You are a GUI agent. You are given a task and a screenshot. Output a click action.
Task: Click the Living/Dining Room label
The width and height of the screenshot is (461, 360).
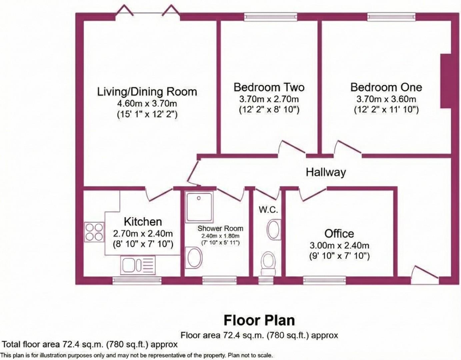pyautogui.click(x=147, y=92)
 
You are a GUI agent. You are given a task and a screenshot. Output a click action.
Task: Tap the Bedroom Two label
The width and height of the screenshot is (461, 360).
pyautogui.click(x=269, y=87)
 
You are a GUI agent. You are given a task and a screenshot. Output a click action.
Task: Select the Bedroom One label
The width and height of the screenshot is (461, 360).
pyautogui.click(x=386, y=87)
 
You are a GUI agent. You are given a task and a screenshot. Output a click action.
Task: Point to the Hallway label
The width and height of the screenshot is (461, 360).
pyautogui.click(x=326, y=172)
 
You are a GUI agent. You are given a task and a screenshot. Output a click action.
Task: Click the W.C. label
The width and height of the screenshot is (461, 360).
pyautogui.click(x=268, y=210)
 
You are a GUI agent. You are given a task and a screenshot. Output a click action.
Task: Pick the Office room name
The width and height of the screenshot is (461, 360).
pyautogui.click(x=339, y=233)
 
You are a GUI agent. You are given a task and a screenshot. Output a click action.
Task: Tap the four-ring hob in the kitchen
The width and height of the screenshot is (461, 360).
pyautogui.click(x=94, y=232)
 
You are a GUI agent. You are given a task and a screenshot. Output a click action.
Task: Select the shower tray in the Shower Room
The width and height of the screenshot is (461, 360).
pyautogui.click(x=199, y=207)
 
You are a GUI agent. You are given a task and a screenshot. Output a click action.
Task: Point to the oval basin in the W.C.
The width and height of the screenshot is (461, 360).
pyautogui.click(x=274, y=229)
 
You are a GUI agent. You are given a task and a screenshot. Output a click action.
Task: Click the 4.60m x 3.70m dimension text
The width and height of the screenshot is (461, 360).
pyautogui.click(x=147, y=103)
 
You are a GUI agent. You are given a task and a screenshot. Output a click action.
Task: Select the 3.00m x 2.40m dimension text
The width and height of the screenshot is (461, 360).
pyautogui.click(x=339, y=246)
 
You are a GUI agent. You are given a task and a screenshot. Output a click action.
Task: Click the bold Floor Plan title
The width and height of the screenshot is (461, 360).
pyautogui.click(x=259, y=320)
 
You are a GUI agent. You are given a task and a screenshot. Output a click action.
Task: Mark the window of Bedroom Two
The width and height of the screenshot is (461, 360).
pyautogui.click(x=270, y=17)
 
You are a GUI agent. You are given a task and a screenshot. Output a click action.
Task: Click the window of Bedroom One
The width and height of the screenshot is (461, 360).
pyautogui.click(x=391, y=17)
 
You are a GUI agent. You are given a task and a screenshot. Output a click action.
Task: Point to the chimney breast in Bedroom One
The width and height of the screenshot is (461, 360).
pyautogui.click(x=446, y=81)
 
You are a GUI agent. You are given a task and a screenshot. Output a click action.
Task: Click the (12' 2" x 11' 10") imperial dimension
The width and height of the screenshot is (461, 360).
pyautogui.click(x=386, y=109)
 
